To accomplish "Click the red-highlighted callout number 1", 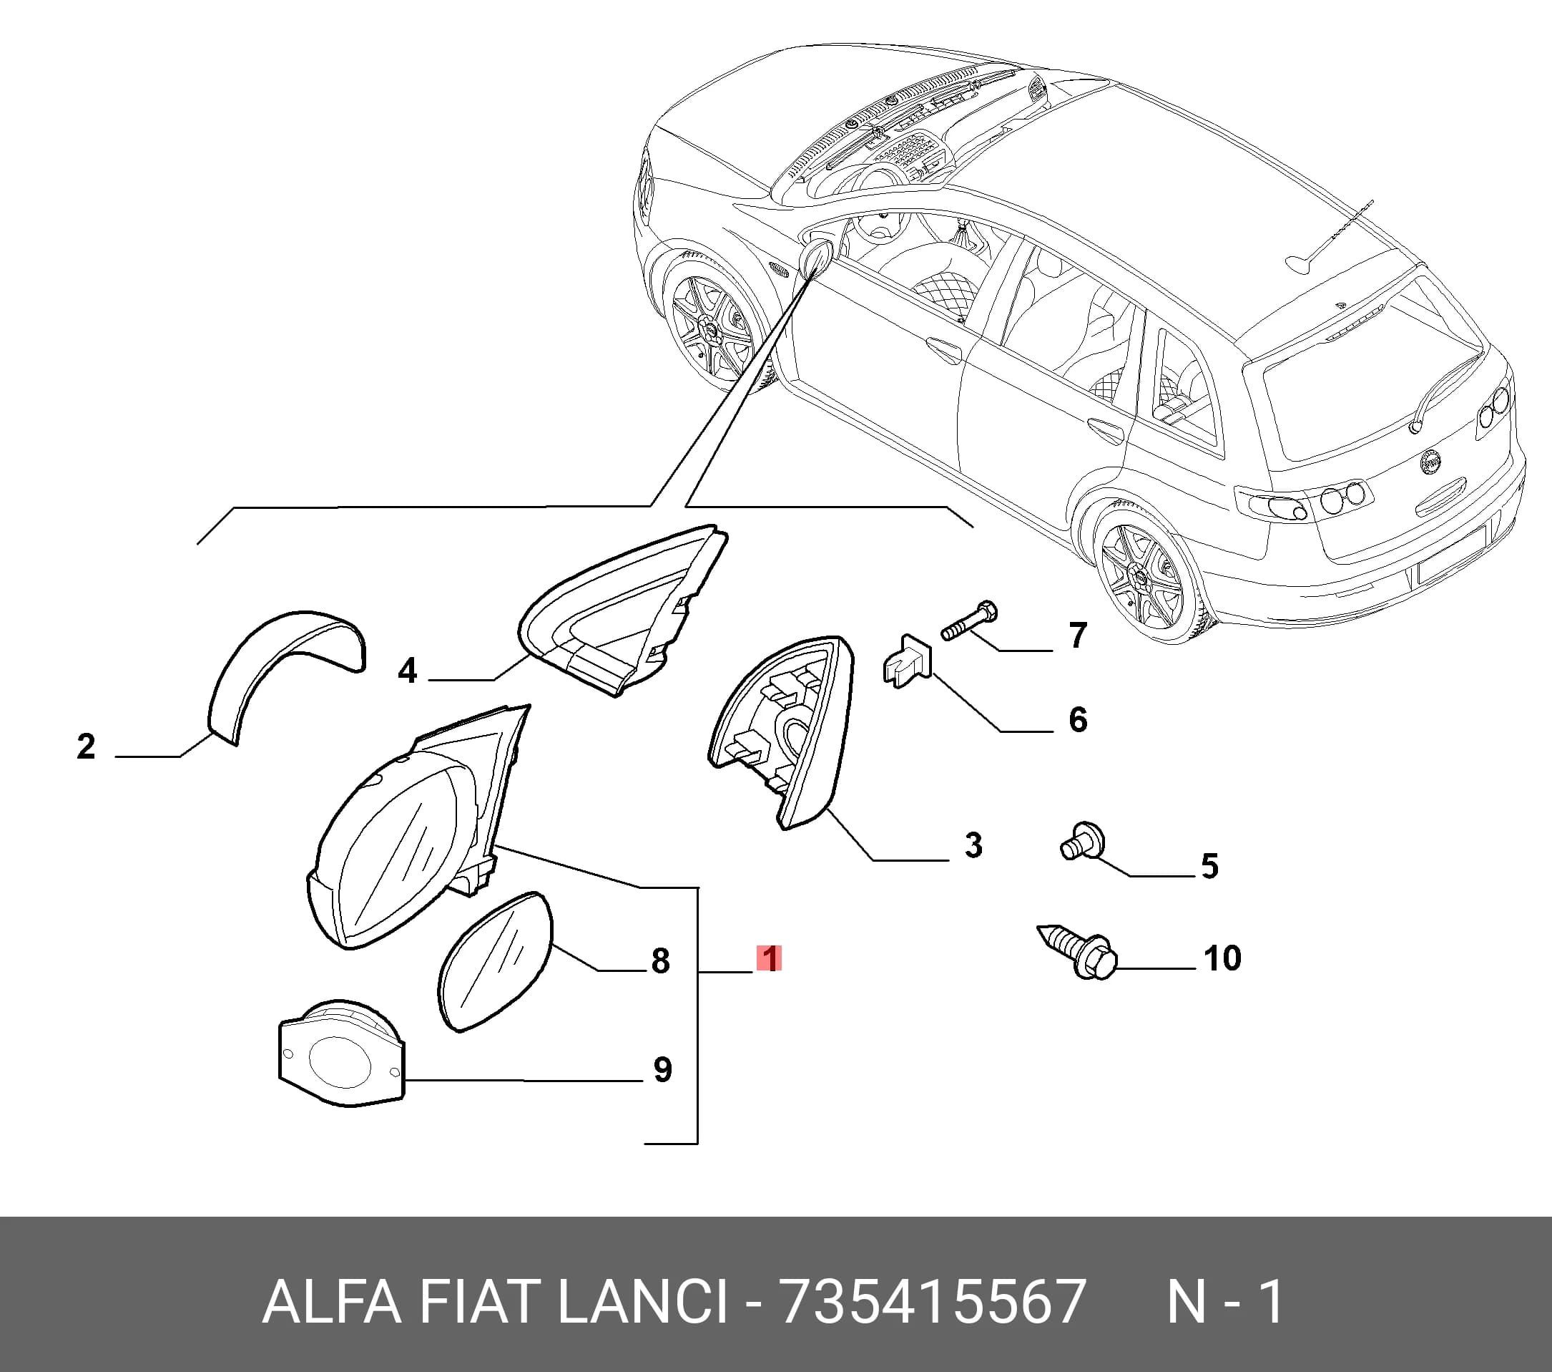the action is tap(768, 959).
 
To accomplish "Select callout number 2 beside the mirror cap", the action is tap(86, 746).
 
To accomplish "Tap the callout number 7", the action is tap(1077, 635).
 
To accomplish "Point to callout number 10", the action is tap(1222, 958).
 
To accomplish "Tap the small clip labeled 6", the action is tap(908, 660).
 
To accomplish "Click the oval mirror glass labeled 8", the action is tap(495, 961).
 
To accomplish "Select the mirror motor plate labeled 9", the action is tap(342, 1054).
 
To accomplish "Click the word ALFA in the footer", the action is tap(331, 1302).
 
